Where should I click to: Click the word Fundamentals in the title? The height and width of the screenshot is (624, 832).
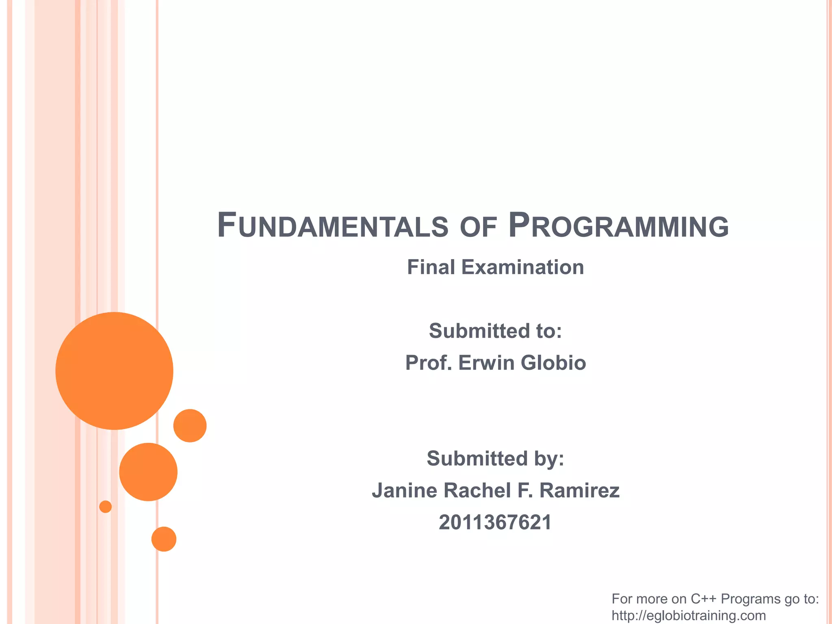pos(332,226)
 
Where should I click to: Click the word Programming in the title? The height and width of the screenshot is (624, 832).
pos(618,226)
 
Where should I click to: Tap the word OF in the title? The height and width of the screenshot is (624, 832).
pos(478,227)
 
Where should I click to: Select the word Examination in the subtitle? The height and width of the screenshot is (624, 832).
pos(522,267)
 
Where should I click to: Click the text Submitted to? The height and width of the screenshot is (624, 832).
pos(495,331)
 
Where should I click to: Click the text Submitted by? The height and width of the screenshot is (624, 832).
pos(495,458)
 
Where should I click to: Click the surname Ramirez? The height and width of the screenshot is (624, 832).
pos(579,490)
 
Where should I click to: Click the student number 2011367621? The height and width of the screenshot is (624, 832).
pos(495,522)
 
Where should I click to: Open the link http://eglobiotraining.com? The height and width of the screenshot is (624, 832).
pos(689,615)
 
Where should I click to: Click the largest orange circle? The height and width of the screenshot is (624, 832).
pos(114,370)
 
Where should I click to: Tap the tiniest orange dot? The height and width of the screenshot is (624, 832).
pos(105,507)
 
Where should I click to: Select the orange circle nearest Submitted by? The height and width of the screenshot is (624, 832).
pos(190,425)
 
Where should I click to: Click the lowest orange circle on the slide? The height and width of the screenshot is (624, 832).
pos(164,539)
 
